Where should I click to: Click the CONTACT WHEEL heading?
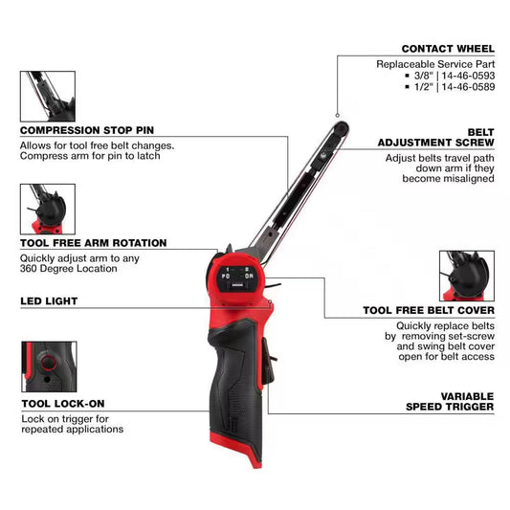coord(448,48)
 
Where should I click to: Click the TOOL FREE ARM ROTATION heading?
coord(94,243)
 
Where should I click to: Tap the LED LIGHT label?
coord(49,300)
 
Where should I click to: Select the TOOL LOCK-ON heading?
coord(62,404)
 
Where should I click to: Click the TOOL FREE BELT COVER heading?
coord(429,310)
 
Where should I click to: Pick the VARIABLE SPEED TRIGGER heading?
coord(454,401)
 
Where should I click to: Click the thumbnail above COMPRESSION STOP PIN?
coord(47,95)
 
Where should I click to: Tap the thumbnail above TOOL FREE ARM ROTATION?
coord(47,209)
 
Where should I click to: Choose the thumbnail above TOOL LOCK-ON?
coord(47,366)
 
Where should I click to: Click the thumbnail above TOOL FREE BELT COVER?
coord(466,277)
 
